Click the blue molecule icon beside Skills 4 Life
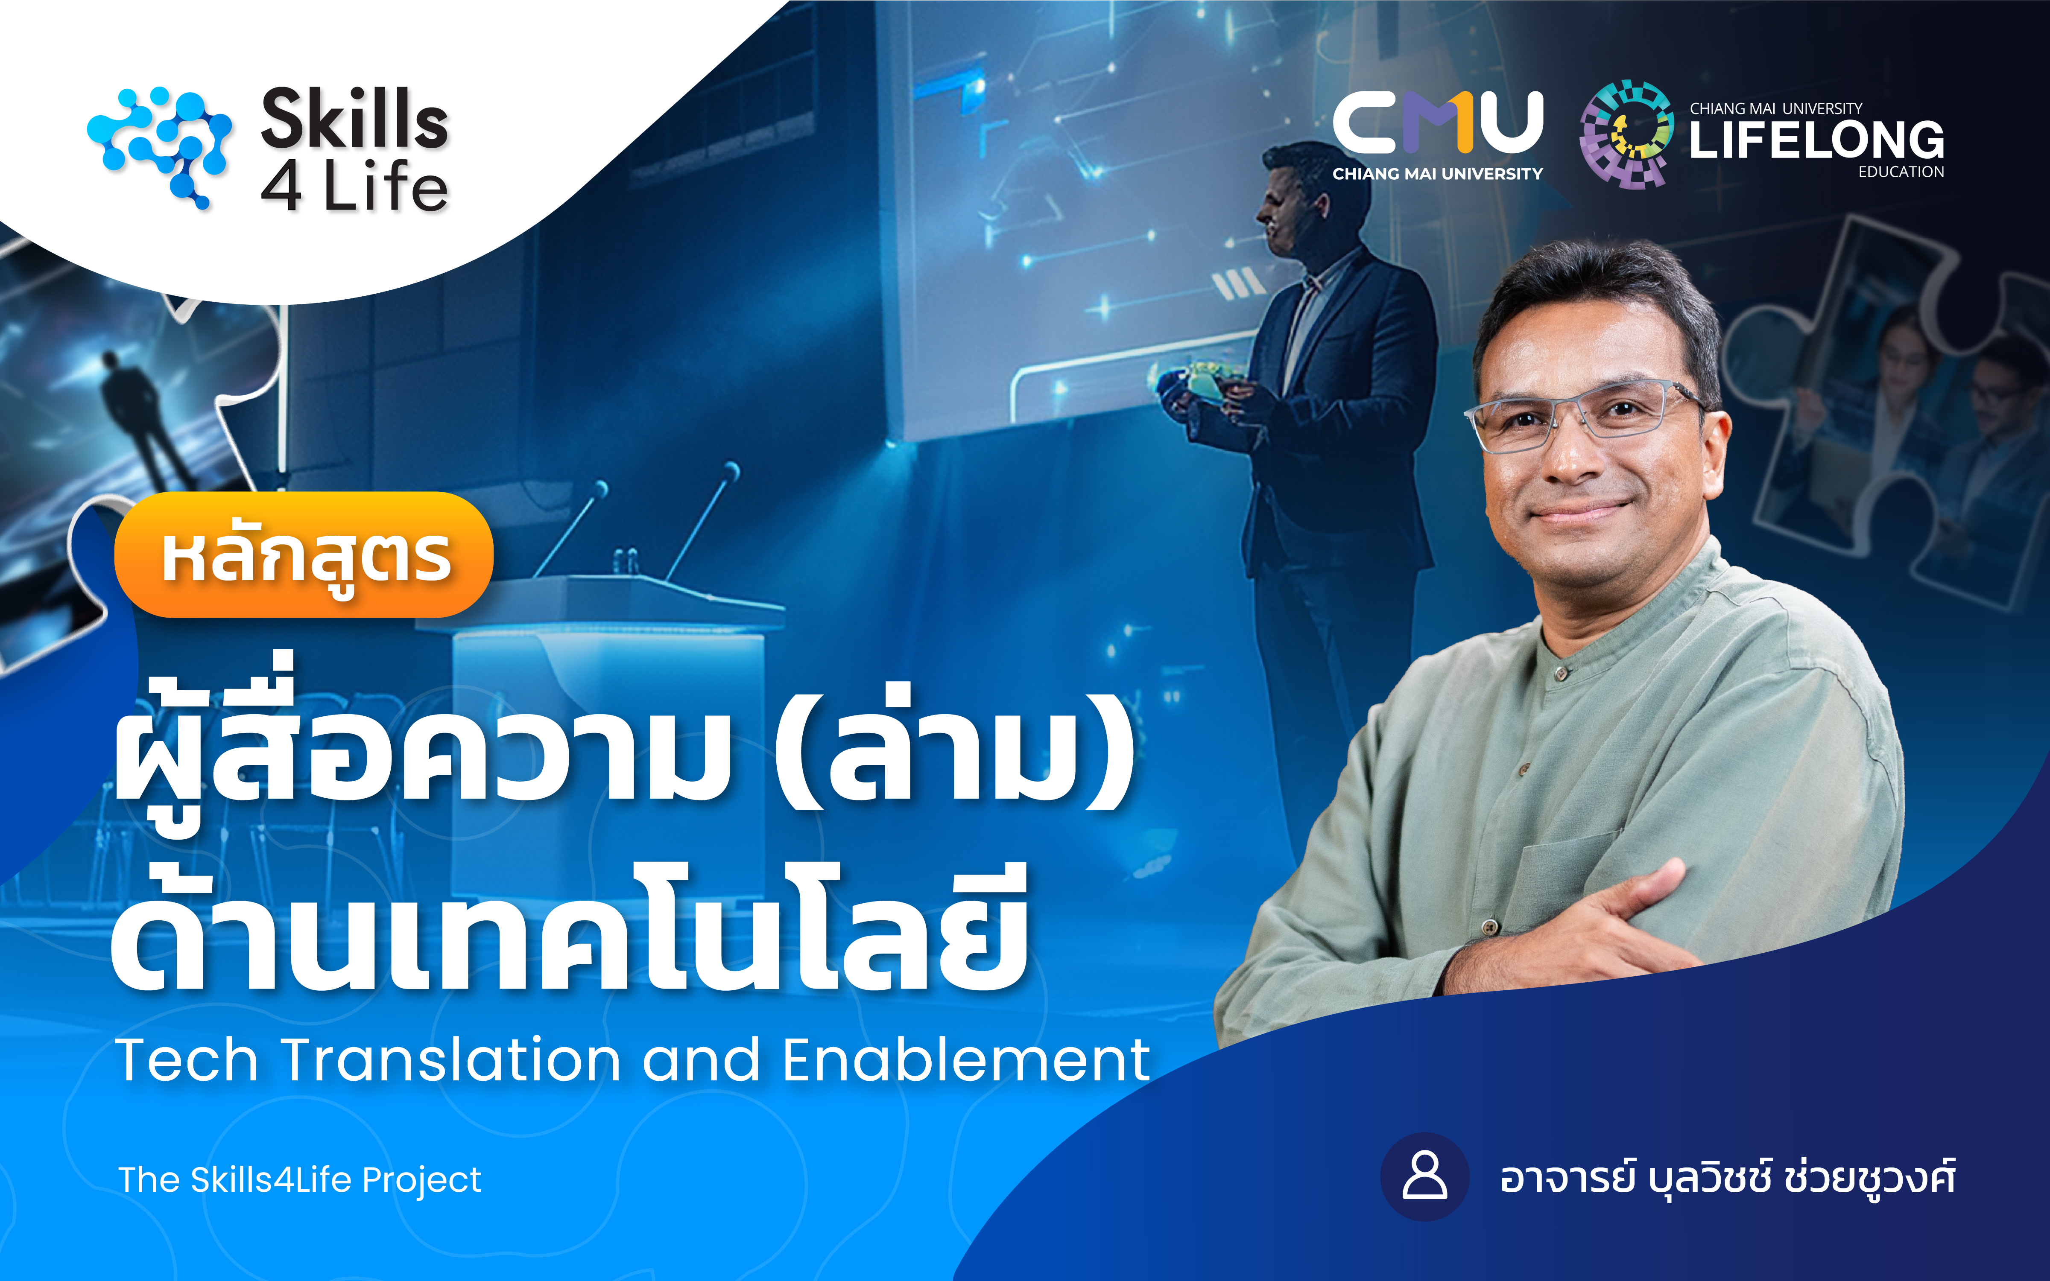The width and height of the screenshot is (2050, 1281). pos(159,146)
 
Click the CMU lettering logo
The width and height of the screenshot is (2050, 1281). pos(1437,123)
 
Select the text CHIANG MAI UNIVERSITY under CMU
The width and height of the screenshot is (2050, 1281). pos(1437,174)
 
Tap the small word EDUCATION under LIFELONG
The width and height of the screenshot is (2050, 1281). pos(1901,172)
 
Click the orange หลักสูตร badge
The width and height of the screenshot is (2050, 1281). pos(304,555)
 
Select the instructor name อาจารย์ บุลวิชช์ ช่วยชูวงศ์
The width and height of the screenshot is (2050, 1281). pos(1727,1178)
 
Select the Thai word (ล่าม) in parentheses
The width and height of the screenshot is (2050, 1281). pos(955,750)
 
